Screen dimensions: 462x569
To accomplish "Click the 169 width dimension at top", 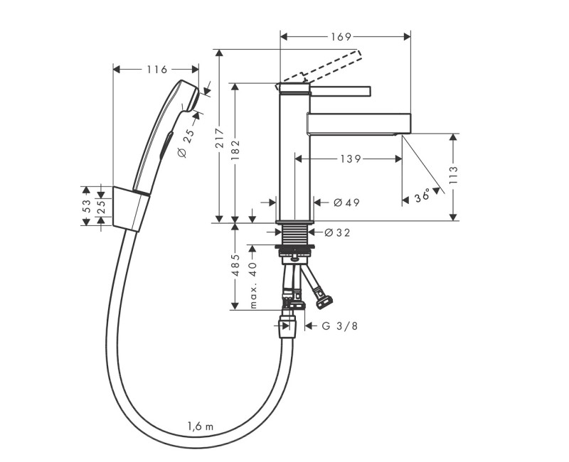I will click(x=345, y=36).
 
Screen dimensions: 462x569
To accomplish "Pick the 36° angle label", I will click(x=422, y=195).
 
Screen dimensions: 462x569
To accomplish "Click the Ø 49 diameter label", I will click(x=346, y=203).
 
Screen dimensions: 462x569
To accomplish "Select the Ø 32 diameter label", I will click(x=338, y=232).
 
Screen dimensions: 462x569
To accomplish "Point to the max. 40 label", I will click(x=252, y=284).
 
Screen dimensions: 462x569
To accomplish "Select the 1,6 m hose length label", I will click(x=200, y=426).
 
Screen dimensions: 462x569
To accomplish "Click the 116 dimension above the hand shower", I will click(x=156, y=70).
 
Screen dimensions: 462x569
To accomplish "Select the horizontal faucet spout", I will click(x=359, y=122).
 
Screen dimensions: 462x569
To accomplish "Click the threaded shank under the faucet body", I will click(x=295, y=235).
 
